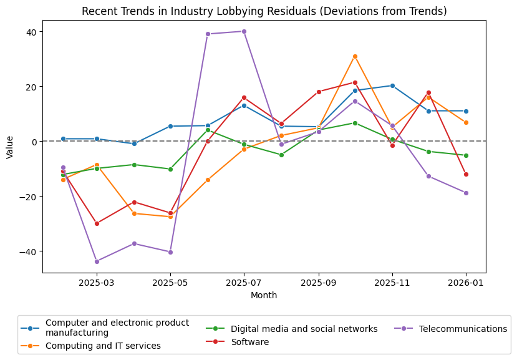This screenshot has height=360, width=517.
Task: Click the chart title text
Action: [x=264, y=11]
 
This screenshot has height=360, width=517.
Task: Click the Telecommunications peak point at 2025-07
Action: [x=244, y=31]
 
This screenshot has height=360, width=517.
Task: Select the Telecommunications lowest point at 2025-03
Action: [x=97, y=261]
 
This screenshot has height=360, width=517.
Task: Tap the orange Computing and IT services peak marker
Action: [x=355, y=56]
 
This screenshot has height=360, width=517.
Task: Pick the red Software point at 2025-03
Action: [x=97, y=223]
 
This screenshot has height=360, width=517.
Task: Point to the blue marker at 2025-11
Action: [x=392, y=85]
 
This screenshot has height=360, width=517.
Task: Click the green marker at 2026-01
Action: [x=466, y=155]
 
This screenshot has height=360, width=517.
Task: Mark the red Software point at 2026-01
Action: [x=466, y=174]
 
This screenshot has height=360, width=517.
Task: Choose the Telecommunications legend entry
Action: [x=463, y=329]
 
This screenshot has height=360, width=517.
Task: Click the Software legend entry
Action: [x=249, y=342]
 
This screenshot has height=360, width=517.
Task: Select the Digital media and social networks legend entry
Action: [x=304, y=329]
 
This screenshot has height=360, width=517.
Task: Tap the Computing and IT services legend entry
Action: [x=103, y=346]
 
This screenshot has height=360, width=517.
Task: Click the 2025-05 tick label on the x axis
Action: [x=170, y=283]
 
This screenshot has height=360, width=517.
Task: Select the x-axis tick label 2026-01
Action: [x=466, y=283]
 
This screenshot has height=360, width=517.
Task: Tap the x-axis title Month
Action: [x=264, y=295]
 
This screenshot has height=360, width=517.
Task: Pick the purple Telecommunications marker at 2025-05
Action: [x=170, y=252]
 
